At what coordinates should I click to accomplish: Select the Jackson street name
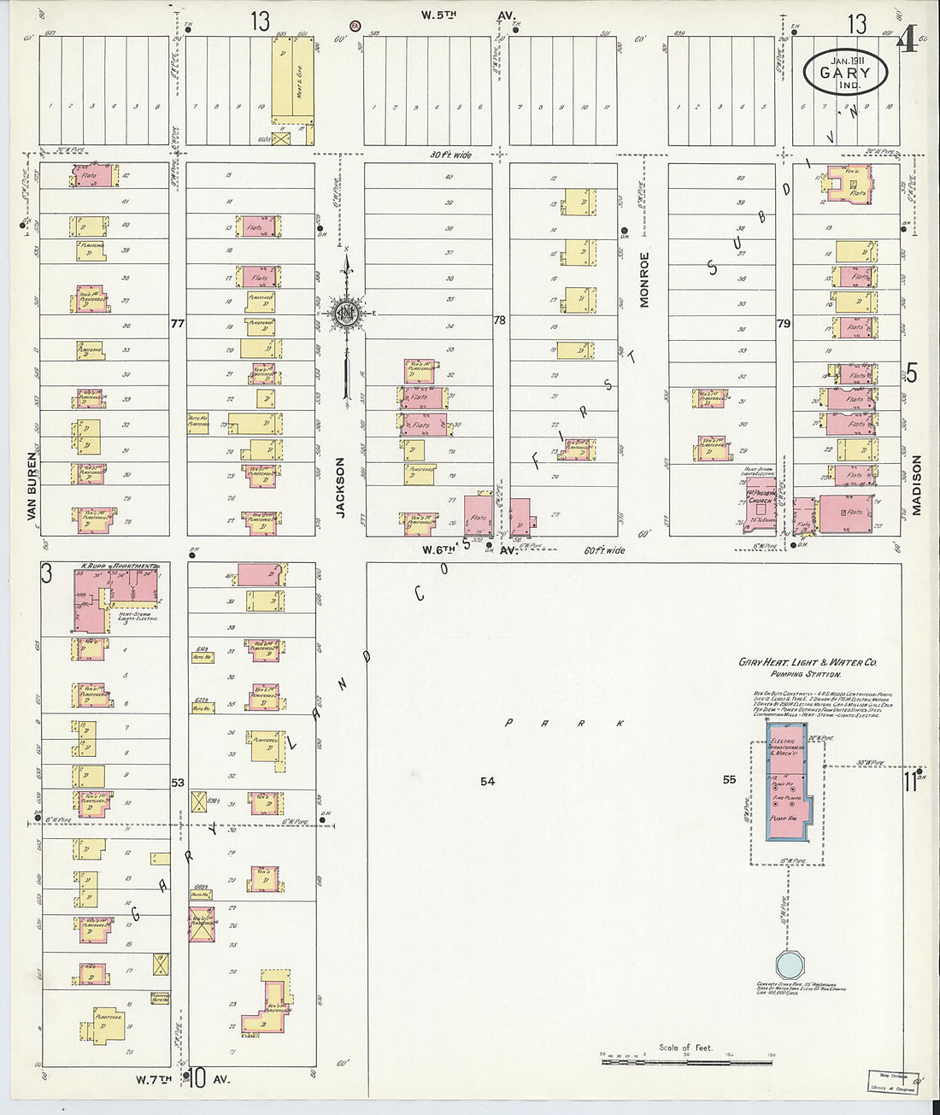coord(339,487)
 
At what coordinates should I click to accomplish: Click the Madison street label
coord(915,484)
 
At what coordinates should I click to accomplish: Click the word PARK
coord(565,724)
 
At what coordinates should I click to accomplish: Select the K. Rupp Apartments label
coord(119,566)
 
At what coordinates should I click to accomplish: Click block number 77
coord(178,324)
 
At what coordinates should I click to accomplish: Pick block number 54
coord(487,780)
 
